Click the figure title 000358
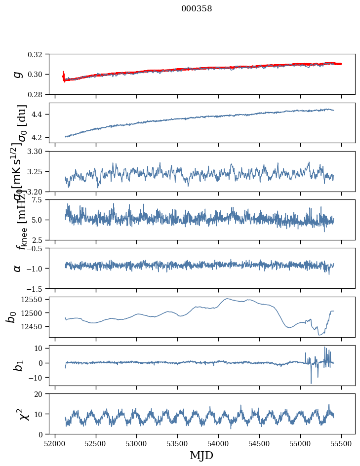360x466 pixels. (x=197, y=8)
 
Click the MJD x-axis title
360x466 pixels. (x=201, y=455)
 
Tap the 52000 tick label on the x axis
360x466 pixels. (x=55, y=443)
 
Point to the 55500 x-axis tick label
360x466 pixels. (x=341, y=443)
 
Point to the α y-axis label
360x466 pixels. (x=18, y=268)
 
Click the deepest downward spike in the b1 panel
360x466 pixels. (x=311, y=383)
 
